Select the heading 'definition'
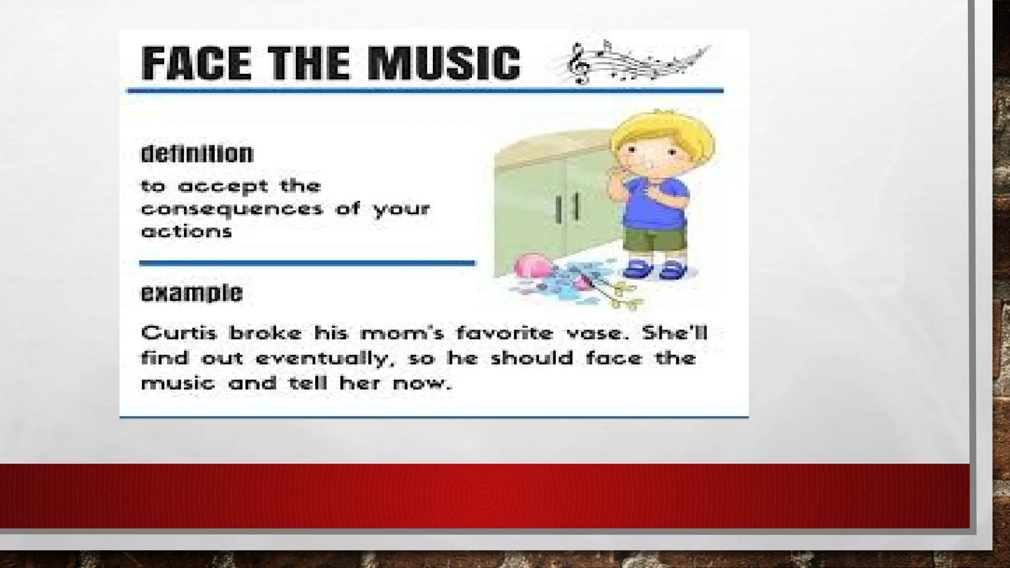click(197, 154)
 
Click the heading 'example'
click(192, 293)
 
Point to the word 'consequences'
click(232, 209)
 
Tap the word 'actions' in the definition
click(186, 231)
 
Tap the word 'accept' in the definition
click(223, 186)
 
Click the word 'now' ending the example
click(422, 383)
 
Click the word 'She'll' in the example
click(675, 333)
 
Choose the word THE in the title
click(313, 63)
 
